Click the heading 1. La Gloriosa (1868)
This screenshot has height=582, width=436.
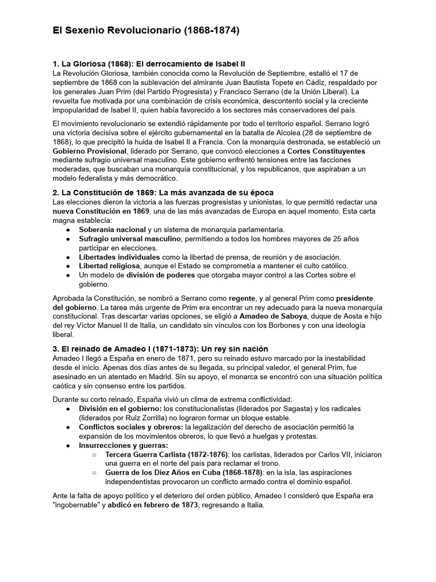pos(149,63)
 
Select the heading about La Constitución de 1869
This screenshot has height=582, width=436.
pos(163,193)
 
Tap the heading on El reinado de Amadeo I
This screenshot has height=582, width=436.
pos(160,348)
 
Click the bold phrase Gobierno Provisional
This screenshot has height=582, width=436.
pos(89,152)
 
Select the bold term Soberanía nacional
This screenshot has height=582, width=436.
pos(112,230)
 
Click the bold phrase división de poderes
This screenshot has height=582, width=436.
pos(161,275)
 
